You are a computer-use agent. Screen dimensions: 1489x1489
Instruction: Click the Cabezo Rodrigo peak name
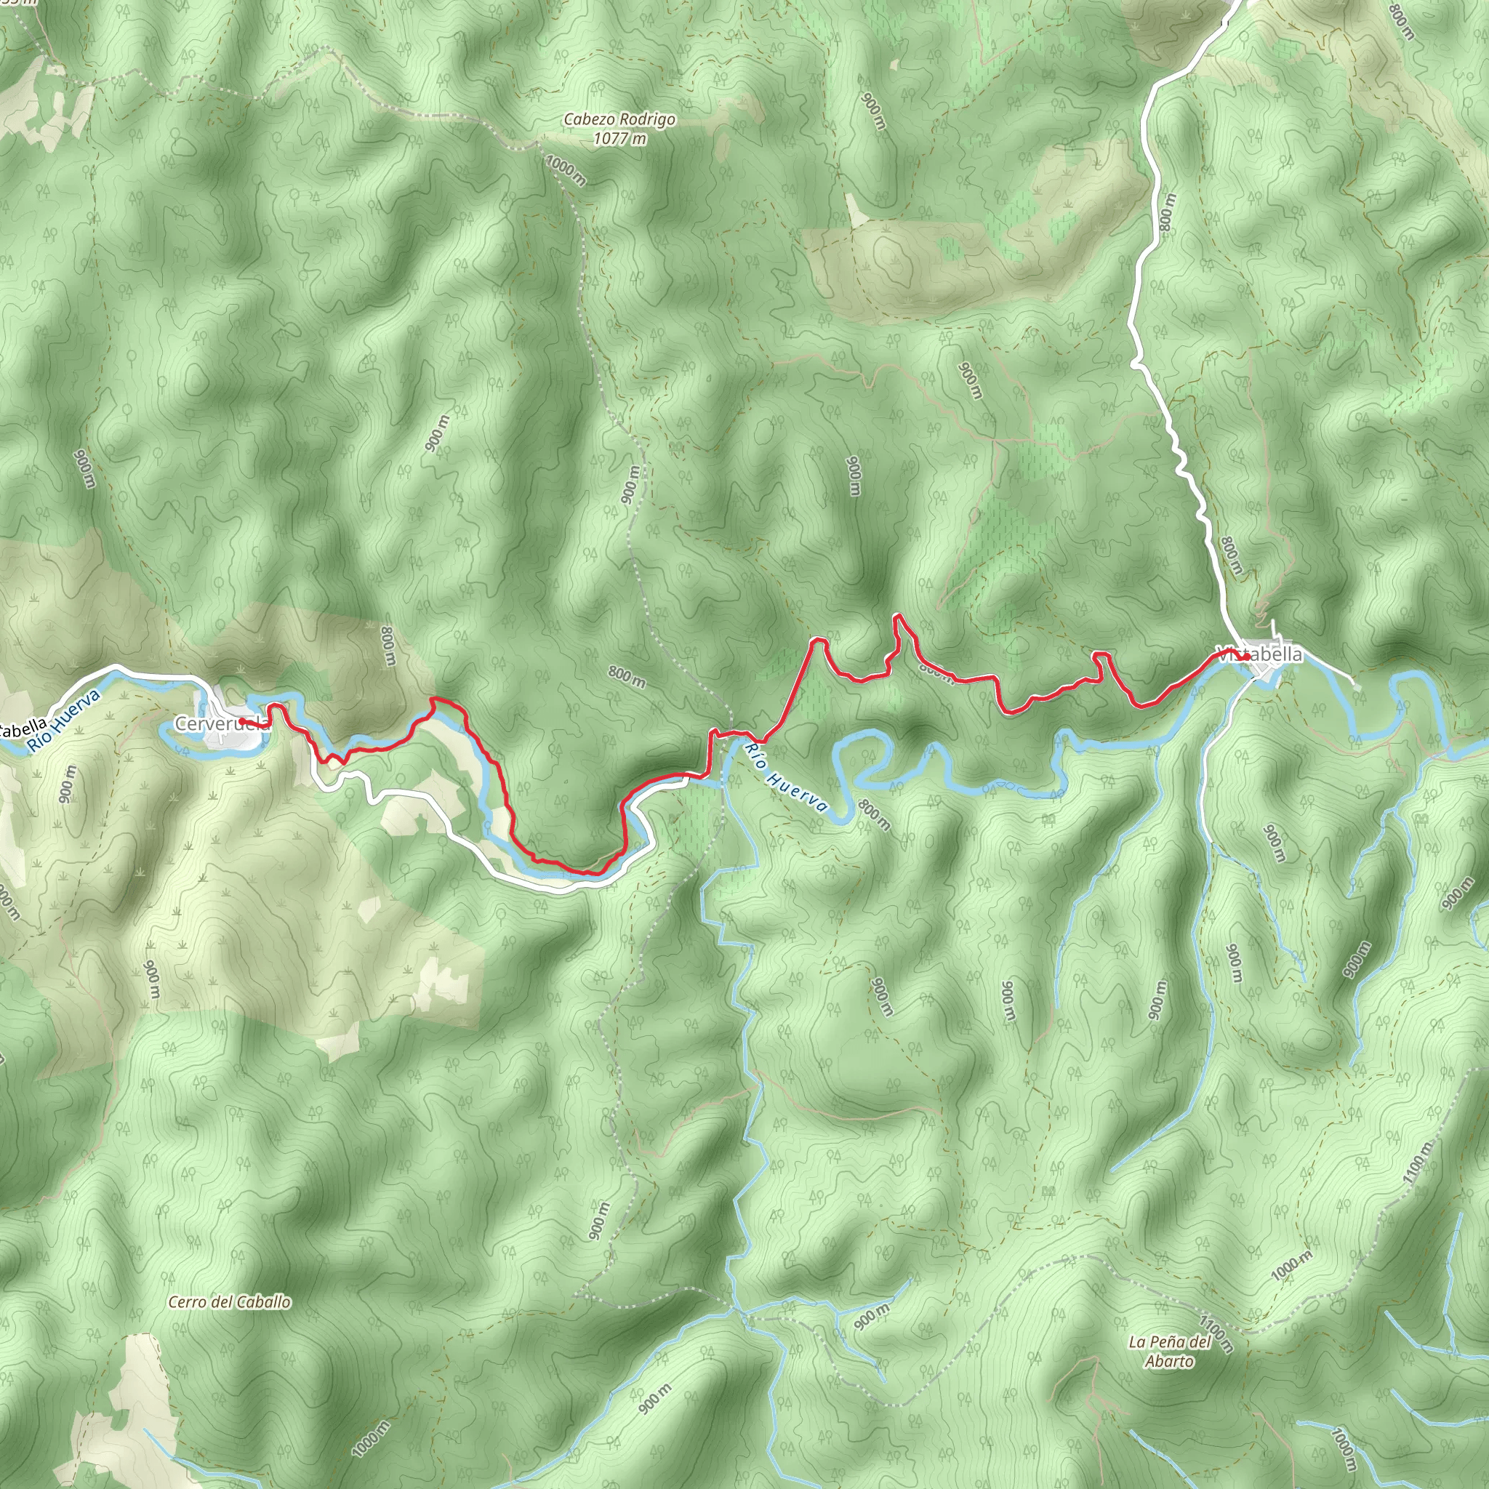pos(619,119)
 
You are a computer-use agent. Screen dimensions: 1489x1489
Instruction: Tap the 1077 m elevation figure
pos(619,139)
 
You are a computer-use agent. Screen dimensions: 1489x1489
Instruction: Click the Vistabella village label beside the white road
pos(1259,654)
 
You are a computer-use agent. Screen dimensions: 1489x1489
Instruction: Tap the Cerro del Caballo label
pos(230,1302)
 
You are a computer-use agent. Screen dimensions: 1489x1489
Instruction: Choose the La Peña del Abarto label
pos(1169,1351)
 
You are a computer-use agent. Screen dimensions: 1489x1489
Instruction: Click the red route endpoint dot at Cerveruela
pos(242,721)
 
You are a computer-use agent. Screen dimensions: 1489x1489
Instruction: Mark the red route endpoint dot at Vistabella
pos(1246,657)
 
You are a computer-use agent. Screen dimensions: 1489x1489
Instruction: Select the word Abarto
pos(1169,1361)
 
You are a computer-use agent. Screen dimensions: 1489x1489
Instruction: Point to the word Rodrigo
pos(647,119)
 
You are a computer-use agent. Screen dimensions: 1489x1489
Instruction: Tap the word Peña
pos(1168,1342)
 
